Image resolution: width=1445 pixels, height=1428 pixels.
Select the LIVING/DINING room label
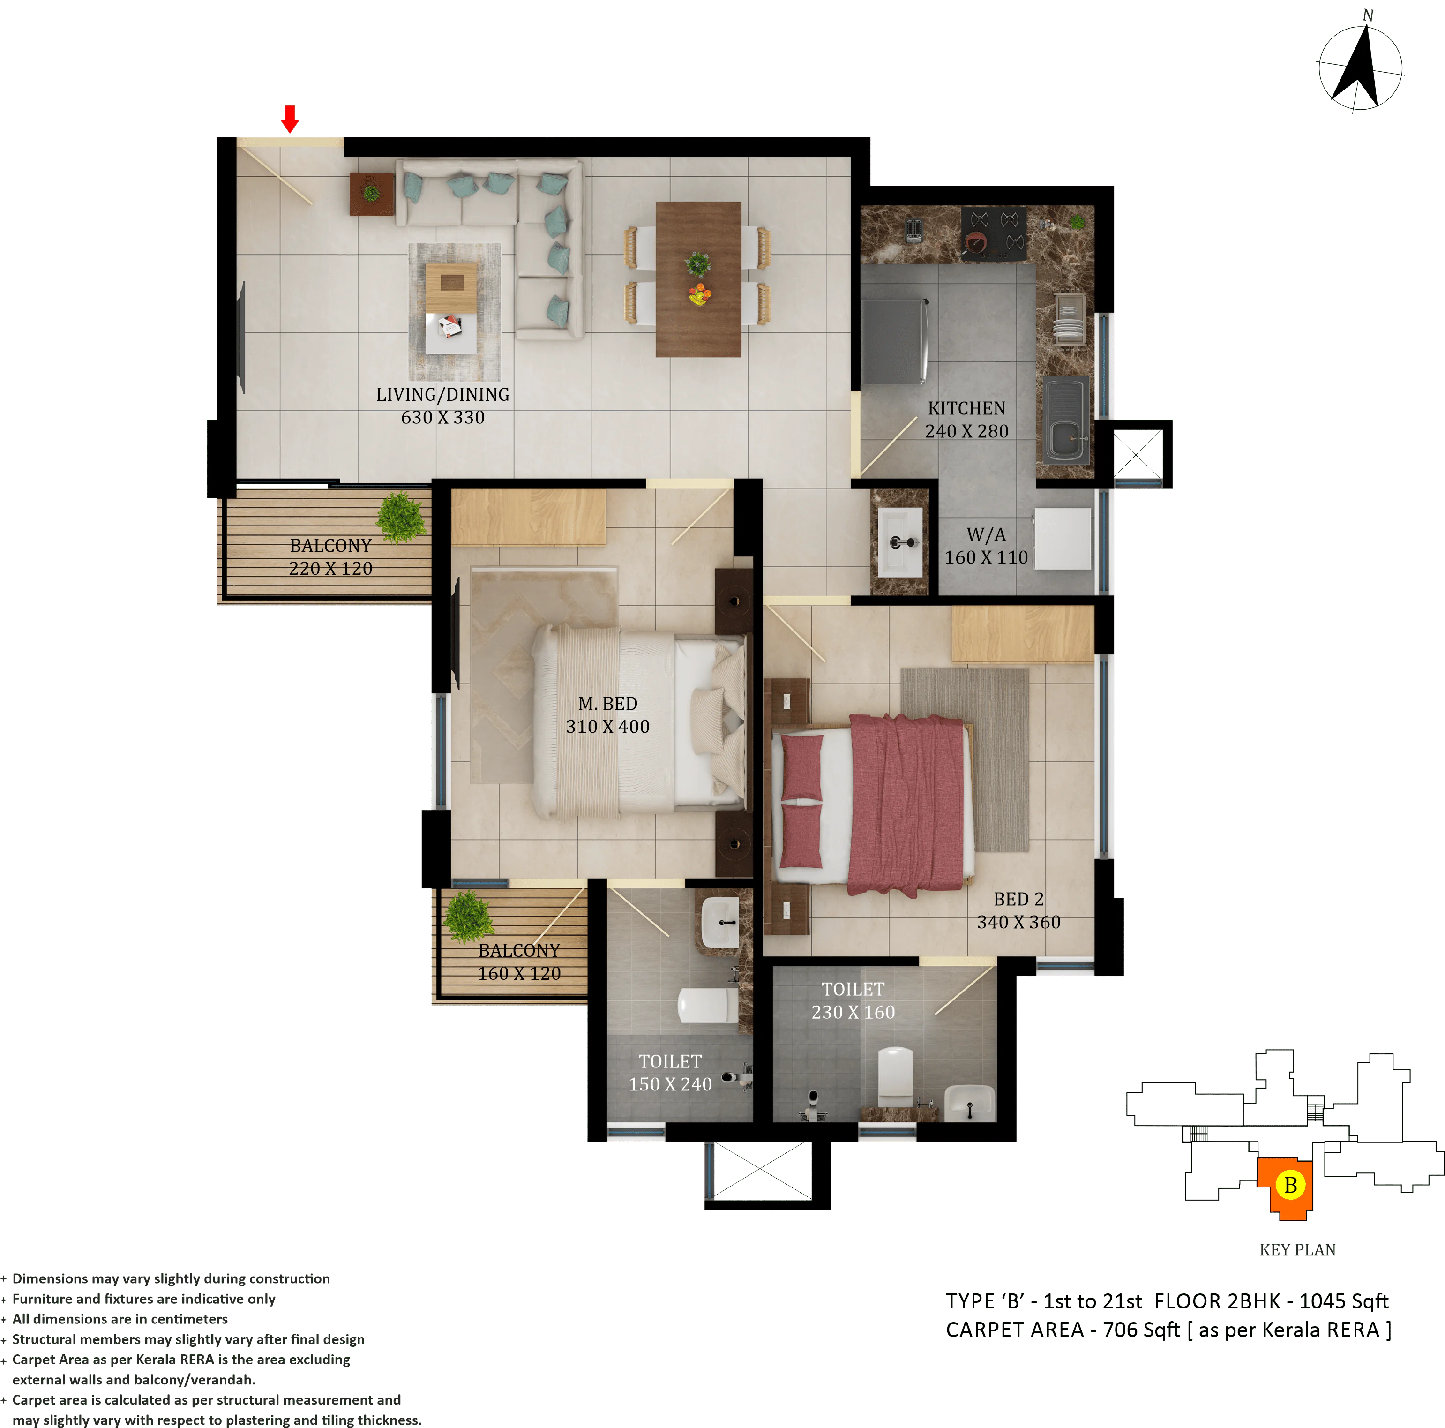coord(443,406)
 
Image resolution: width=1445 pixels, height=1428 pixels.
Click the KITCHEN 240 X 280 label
coord(966,420)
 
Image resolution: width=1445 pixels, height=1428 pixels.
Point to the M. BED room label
coord(607,714)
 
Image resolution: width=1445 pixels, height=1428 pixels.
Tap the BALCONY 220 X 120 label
coord(330,556)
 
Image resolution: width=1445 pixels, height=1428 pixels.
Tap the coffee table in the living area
coord(451,288)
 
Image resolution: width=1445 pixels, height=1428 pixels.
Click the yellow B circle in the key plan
coord(1290,1185)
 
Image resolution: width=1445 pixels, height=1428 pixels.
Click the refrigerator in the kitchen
coord(895,341)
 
